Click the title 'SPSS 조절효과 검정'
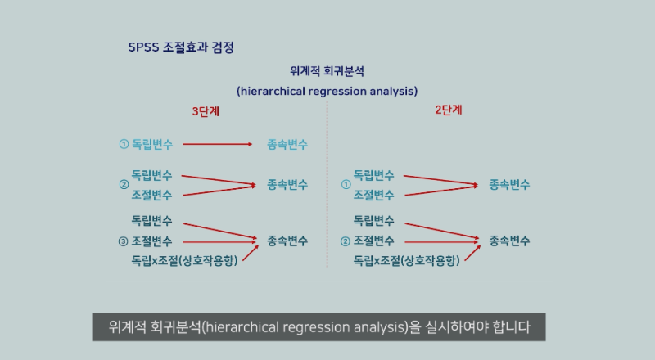point(181,47)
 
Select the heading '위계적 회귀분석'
point(327,71)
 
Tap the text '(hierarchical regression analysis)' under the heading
point(327,90)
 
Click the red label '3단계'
point(206,112)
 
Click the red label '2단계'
point(449,110)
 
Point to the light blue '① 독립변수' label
point(146,145)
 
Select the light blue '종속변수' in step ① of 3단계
point(287,145)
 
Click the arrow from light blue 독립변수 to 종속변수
point(218,145)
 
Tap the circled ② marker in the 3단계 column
point(124,185)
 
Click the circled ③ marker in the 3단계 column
point(124,241)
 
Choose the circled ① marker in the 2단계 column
point(346,185)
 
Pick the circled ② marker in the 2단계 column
point(346,241)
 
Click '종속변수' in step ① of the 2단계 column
point(509,185)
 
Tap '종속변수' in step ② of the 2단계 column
point(509,241)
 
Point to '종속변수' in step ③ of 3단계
point(287,241)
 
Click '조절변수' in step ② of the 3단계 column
point(152,195)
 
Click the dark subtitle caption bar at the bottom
point(319,328)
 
